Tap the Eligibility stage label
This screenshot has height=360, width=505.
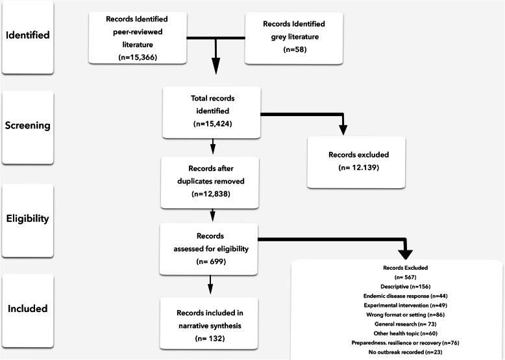pyautogui.click(x=27, y=219)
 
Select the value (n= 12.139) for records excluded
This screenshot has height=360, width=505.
pyautogui.click(x=355, y=169)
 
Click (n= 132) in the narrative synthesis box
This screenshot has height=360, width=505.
pyautogui.click(x=210, y=338)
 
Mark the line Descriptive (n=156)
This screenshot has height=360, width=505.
pyautogui.click(x=396, y=285)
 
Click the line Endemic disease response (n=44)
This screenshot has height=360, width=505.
pyautogui.click(x=396, y=295)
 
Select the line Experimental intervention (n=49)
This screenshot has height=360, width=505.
pyautogui.click(x=396, y=304)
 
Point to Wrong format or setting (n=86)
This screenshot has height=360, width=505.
pyautogui.click(x=396, y=313)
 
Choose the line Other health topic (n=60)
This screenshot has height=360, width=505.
pyautogui.click(x=396, y=332)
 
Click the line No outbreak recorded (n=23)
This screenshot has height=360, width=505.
pyautogui.click(x=396, y=351)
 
